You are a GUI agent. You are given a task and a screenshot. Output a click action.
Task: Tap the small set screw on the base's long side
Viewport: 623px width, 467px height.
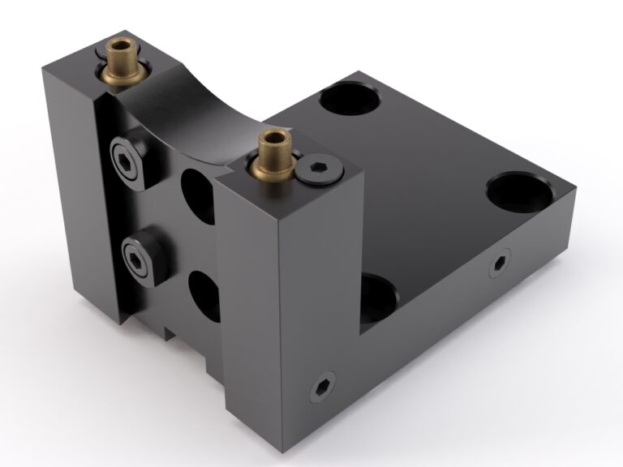pyautogui.click(x=498, y=264)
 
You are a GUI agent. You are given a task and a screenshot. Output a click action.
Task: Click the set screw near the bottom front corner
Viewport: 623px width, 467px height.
pyautogui.click(x=322, y=388)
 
